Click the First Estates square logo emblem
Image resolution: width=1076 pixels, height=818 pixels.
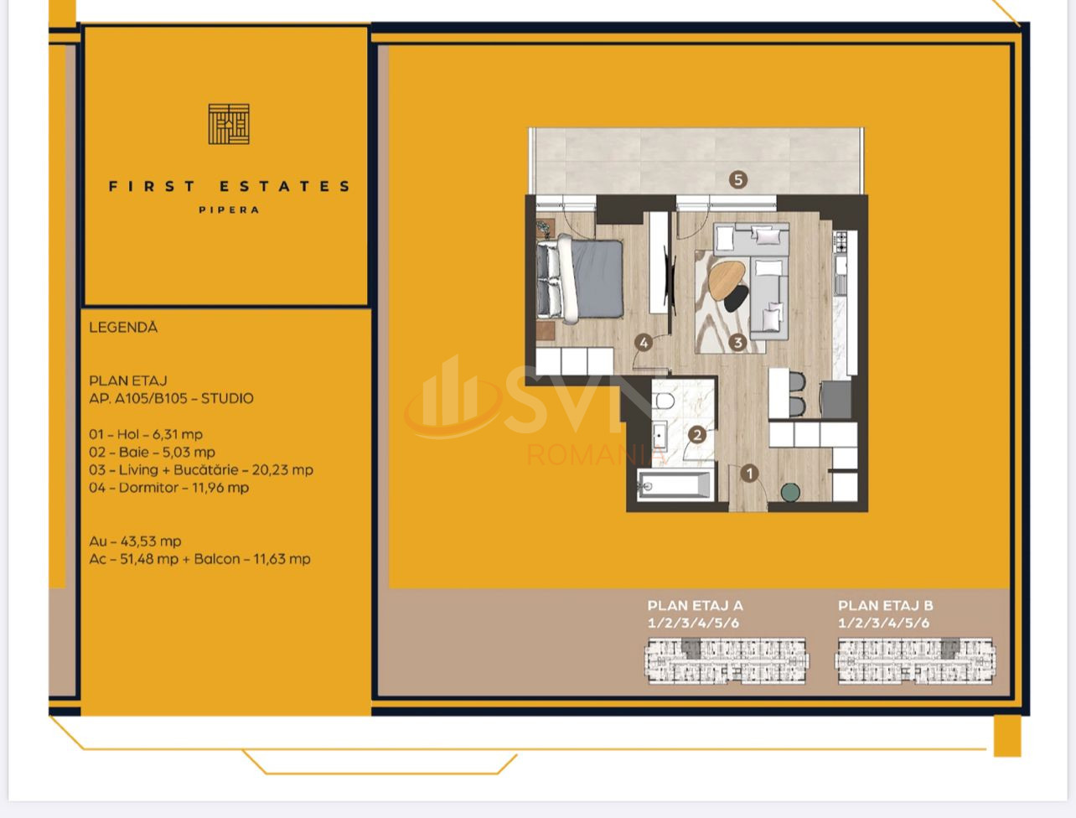click(229, 124)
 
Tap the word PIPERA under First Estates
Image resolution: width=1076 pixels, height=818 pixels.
click(229, 210)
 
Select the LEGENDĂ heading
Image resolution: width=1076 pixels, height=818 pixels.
click(123, 328)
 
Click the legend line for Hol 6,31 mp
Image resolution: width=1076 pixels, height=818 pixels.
click(146, 434)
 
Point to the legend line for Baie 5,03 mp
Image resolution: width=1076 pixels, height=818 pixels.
click(152, 452)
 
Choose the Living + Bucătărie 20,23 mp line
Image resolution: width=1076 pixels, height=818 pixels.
click(201, 470)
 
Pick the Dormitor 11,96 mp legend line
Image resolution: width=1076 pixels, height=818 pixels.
click(169, 488)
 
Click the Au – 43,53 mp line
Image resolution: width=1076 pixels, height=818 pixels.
click(135, 541)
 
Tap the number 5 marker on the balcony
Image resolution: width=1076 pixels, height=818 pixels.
click(738, 180)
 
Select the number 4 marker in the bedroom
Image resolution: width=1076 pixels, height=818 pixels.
click(644, 343)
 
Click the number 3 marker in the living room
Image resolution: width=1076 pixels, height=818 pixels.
click(737, 343)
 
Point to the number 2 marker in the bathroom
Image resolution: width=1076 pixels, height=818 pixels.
click(697, 435)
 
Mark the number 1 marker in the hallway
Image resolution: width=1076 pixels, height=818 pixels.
click(749, 474)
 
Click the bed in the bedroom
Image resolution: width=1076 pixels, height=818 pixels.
click(581, 278)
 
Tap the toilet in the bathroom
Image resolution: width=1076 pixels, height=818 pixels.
click(663, 402)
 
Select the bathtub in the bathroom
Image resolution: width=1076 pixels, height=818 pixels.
click(675, 486)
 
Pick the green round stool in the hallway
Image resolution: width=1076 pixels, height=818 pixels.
click(790, 492)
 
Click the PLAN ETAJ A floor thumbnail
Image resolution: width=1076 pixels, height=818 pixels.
click(726, 660)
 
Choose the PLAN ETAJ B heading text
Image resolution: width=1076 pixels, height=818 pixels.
click(885, 606)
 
